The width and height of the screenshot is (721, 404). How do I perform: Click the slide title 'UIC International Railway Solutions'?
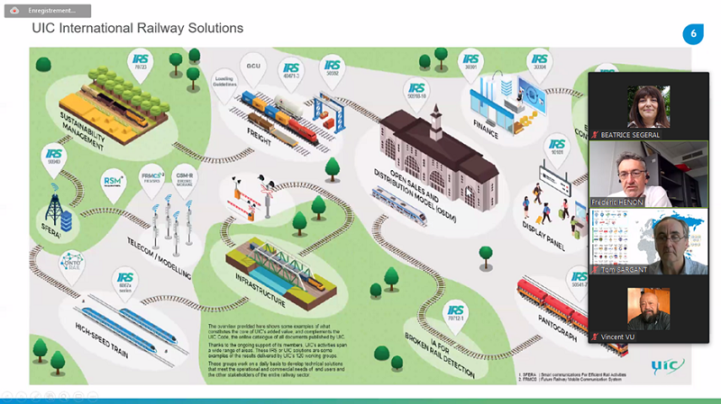coord(137,29)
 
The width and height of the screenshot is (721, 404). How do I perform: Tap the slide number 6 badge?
coord(693,34)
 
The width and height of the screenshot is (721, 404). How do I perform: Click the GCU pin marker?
coord(253,64)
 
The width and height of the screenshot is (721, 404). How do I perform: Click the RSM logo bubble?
coord(114,179)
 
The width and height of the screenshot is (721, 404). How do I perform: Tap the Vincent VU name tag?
coord(623,337)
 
